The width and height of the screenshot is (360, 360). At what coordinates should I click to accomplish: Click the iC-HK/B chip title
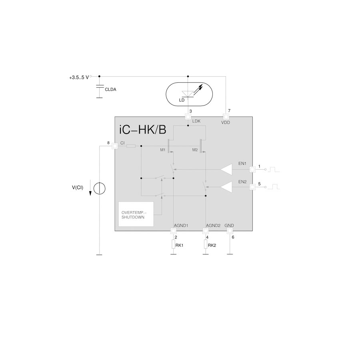pyautogui.click(x=142, y=130)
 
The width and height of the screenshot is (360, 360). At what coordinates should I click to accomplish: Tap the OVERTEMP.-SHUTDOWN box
pyautogui.click(x=136, y=214)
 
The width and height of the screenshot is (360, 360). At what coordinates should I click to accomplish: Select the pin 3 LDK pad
pyautogui.click(x=188, y=117)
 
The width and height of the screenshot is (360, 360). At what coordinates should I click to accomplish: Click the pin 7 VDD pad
pyautogui.click(x=226, y=117)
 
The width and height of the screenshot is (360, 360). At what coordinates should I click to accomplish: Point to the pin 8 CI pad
pyautogui.click(x=114, y=146)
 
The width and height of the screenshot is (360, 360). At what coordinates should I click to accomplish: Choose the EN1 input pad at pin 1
pyautogui.click(x=252, y=170)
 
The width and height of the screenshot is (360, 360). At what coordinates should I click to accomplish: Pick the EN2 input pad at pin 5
pyautogui.click(x=252, y=187)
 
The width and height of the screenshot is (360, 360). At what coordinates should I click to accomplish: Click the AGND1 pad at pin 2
pyautogui.click(x=173, y=231)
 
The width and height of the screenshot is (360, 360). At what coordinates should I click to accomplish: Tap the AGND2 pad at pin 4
pyautogui.click(x=206, y=231)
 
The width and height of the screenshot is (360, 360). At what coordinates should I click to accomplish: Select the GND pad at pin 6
pyautogui.click(x=230, y=231)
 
